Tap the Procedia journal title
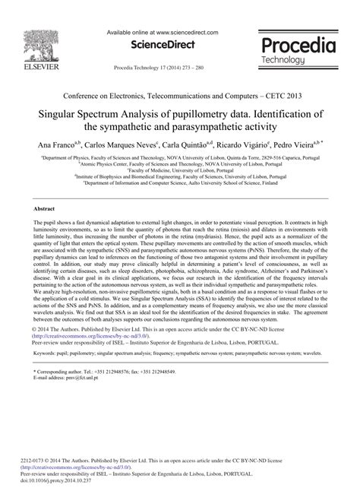point(297,45)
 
